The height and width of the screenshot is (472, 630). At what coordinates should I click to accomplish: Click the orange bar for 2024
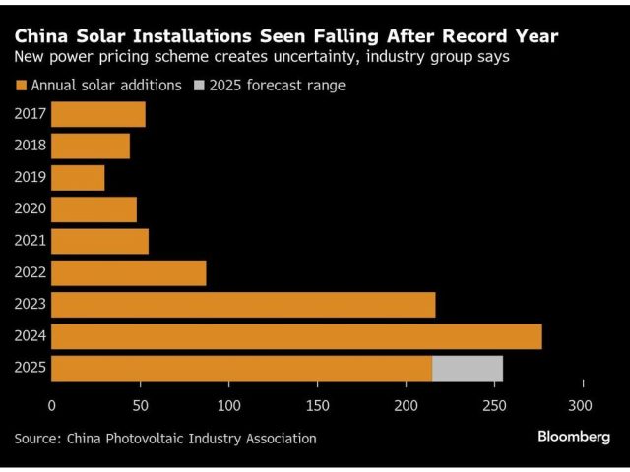tap(295, 336)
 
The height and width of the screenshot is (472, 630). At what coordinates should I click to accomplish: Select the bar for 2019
tap(78, 178)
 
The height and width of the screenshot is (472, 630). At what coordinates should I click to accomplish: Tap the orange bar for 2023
tap(243, 305)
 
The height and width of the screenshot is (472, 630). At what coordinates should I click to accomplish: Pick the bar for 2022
tap(128, 273)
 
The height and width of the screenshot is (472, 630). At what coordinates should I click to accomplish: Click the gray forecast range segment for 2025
tap(468, 368)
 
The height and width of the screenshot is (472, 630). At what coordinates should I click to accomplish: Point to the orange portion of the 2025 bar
tap(241, 368)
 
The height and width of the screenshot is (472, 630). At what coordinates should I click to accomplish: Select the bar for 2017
tap(98, 114)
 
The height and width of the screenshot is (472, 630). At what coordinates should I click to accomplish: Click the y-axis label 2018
tap(30, 147)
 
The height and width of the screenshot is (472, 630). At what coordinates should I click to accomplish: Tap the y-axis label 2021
tap(30, 242)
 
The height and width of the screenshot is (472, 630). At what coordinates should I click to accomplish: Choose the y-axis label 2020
tap(30, 209)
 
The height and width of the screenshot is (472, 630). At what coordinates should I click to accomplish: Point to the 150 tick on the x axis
tap(317, 405)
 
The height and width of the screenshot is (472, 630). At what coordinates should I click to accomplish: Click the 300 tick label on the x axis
tap(583, 405)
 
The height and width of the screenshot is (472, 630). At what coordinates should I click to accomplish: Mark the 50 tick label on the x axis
tap(140, 405)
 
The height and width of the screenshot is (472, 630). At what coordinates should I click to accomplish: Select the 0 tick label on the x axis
tap(51, 405)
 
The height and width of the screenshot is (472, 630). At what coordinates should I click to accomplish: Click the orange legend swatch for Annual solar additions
tap(20, 86)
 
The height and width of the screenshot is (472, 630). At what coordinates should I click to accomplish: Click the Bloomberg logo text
tap(573, 436)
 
